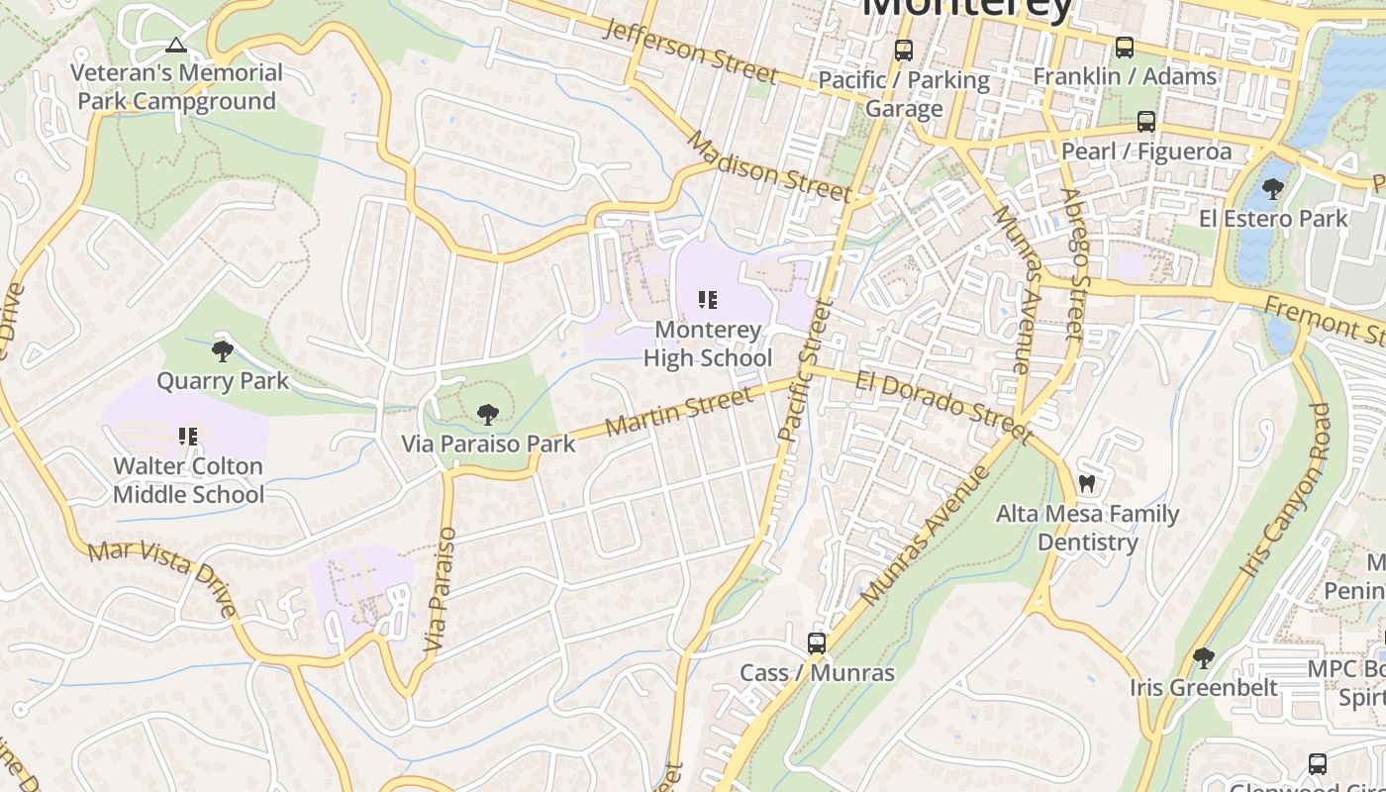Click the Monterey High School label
pyautogui.click(x=708, y=344)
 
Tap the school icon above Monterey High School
pyautogui.click(x=708, y=299)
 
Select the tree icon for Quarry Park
pyautogui.click(x=223, y=350)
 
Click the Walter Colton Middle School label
pyautogui.click(x=188, y=480)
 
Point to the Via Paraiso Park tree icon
pyautogui.click(x=487, y=414)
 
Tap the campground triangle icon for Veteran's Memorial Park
pyautogui.click(x=175, y=45)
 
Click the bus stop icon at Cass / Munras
pyautogui.click(x=817, y=643)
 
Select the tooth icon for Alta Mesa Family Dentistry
pyautogui.click(x=1086, y=484)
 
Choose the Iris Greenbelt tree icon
pyautogui.click(x=1203, y=657)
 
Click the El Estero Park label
pyautogui.click(x=1273, y=219)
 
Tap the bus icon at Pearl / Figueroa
pyautogui.click(x=1146, y=122)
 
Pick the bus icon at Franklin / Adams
pyautogui.click(x=1125, y=47)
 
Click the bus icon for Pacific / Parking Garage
pyautogui.click(x=904, y=49)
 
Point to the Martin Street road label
pyautogui.click(x=678, y=413)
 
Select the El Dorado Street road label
pyautogui.click(x=943, y=406)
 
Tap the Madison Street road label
pyautogui.click(x=768, y=166)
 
